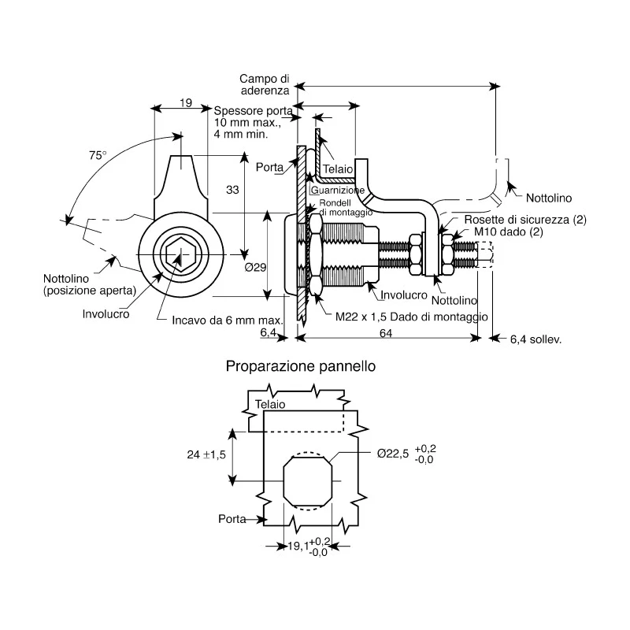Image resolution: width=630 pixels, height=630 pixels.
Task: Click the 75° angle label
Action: point(98,155)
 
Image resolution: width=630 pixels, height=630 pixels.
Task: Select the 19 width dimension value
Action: point(186,103)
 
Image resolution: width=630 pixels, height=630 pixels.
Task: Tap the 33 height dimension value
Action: point(232,190)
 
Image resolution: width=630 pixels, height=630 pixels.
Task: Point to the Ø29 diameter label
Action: point(255,267)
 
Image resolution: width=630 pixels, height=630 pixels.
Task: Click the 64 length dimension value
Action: point(386,333)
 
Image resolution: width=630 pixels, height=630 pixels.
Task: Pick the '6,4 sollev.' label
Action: point(535,339)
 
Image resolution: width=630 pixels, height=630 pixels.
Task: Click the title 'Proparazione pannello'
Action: point(301,366)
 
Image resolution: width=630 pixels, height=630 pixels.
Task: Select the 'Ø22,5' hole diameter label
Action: point(392,454)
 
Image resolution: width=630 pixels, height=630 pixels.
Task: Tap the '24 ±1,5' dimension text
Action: point(206,455)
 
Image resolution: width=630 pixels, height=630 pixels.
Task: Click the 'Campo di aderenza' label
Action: point(265,84)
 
